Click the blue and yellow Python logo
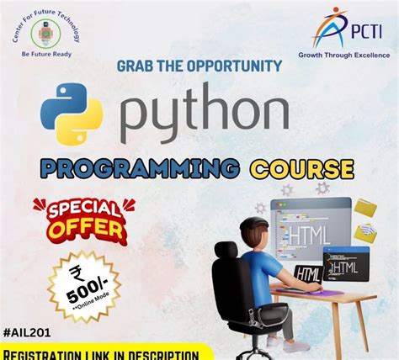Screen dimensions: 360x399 [72, 118]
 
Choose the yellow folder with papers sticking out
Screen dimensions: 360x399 [365, 209]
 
